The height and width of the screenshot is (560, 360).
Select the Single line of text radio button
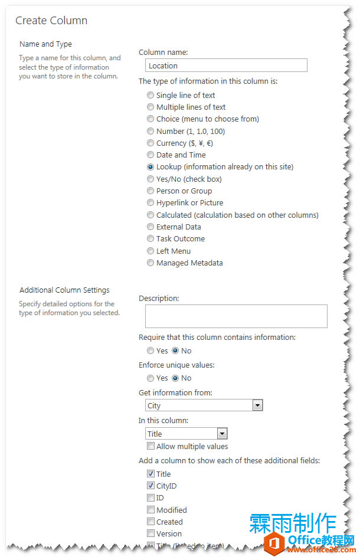151,95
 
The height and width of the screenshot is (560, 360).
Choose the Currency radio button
151,143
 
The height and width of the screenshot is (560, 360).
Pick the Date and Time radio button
151,155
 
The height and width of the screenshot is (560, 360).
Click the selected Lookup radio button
151,167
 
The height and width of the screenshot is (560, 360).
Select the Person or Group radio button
151,191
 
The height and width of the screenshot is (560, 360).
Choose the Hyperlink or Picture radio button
151,203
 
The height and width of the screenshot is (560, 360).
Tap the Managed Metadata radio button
151,263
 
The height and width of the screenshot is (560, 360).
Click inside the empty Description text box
236,316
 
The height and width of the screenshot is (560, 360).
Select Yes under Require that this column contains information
151,351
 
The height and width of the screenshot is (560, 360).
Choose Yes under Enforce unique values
151,378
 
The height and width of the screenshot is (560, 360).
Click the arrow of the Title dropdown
222,434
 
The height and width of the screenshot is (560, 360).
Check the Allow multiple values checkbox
151,447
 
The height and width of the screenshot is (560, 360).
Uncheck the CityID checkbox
151,486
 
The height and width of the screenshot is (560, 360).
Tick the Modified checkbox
151,510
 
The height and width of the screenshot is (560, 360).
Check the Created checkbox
151,522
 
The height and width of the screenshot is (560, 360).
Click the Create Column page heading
51,21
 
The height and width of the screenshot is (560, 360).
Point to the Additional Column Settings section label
64,290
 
